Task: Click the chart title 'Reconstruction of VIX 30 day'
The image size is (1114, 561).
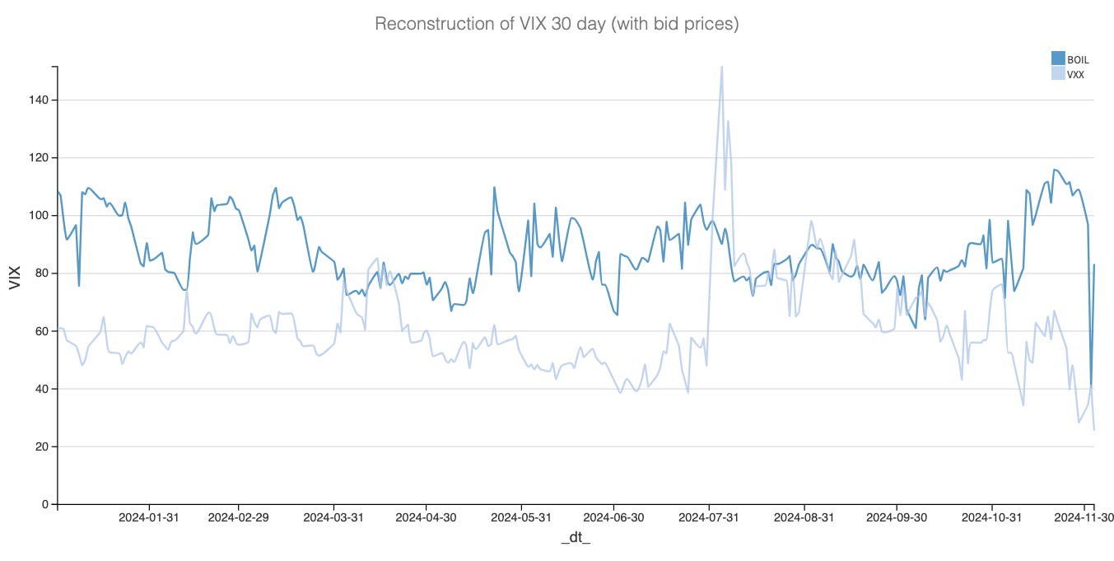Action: pyautogui.click(x=557, y=25)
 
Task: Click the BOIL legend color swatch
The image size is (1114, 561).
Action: pyautogui.click(x=1058, y=58)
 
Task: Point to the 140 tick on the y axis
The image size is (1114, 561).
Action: pyautogui.click(x=40, y=100)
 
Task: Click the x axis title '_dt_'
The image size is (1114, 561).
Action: pyautogui.click(x=576, y=538)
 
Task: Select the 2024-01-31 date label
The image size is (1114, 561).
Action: pyautogui.click(x=149, y=518)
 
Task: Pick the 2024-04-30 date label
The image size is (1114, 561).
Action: pyautogui.click(x=426, y=518)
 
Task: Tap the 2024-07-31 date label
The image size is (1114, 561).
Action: pyautogui.click(x=709, y=518)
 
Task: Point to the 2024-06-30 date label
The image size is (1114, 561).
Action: pyautogui.click(x=613, y=518)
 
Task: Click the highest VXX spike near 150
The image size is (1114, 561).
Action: pyautogui.click(x=722, y=67)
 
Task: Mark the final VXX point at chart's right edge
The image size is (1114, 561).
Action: pyautogui.click(x=1094, y=429)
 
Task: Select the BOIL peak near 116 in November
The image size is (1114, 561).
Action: pyautogui.click(x=1054, y=170)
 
